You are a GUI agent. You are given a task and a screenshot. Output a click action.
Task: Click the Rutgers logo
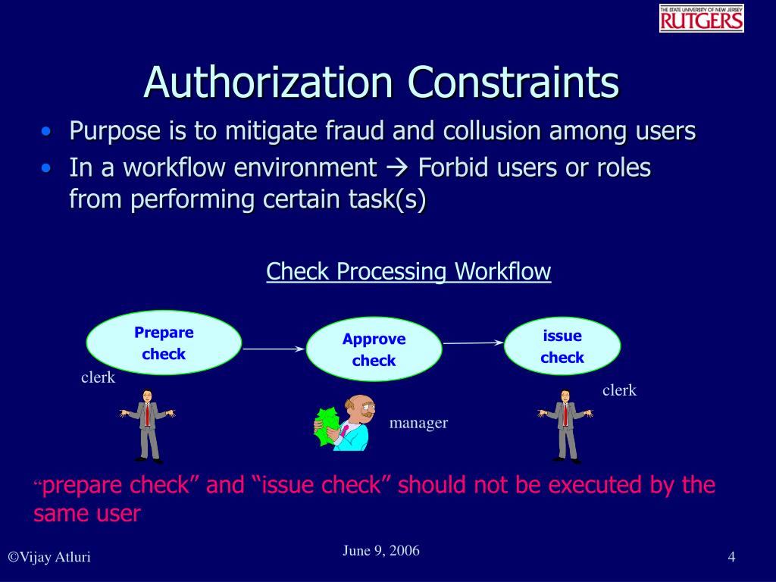tap(701, 18)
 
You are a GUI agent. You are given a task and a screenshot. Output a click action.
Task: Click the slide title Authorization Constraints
tap(381, 82)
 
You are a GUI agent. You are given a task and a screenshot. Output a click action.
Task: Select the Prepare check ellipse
tap(164, 343)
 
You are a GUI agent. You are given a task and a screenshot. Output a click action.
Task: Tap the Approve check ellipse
tap(374, 349)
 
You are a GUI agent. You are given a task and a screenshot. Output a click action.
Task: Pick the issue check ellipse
tap(562, 346)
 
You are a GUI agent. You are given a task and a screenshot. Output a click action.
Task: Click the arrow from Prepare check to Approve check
tap(273, 349)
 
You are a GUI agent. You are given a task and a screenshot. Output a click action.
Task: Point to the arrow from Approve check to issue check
tap(473, 343)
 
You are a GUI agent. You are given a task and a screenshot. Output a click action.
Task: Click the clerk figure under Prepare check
tap(147, 424)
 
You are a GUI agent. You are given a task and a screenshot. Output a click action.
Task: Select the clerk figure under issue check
tap(565, 424)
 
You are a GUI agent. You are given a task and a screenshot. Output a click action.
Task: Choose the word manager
tap(418, 423)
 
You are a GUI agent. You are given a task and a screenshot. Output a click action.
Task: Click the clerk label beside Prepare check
tap(98, 377)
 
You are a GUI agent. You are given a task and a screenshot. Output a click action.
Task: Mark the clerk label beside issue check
tap(619, 390)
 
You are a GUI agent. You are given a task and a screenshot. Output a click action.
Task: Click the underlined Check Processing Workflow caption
tap(408, 271)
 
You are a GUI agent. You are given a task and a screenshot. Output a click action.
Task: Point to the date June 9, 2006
tap(380, 551)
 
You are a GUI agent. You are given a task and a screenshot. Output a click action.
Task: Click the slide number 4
tap(731, 558)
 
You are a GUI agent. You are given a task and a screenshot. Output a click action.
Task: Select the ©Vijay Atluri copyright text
tap(49, 558)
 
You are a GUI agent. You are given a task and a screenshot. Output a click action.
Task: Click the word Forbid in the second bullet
tap(454, 167)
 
